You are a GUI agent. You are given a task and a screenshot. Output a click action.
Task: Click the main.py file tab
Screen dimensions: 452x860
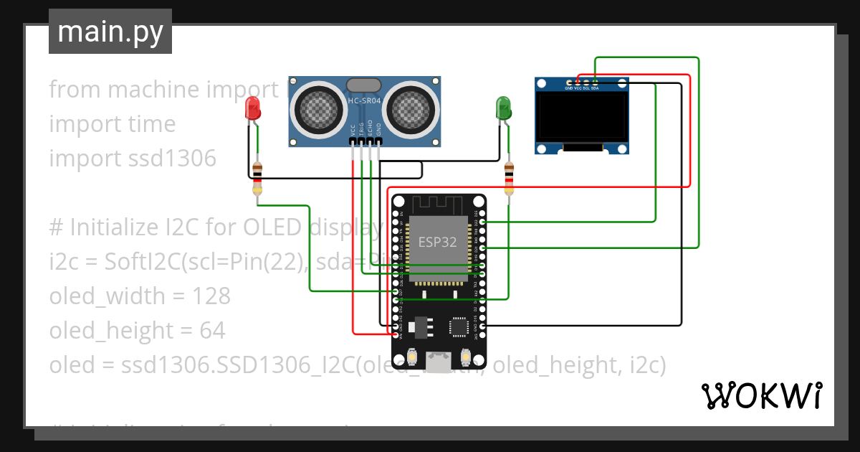(110, 32)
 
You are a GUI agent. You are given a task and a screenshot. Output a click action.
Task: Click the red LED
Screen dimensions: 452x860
(253, 108)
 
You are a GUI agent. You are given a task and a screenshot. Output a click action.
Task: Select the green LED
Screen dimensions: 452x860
(504, 108)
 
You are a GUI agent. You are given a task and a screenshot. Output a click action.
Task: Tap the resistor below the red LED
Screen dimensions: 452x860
(257, 179)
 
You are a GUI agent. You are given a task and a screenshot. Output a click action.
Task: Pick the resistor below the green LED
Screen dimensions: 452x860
(509, 179)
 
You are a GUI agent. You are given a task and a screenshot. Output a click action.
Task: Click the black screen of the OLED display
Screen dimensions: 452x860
(583, 118)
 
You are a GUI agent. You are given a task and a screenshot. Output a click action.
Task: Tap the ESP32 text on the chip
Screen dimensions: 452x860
(437, 242)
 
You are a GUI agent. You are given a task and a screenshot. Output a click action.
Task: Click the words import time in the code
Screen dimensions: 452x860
(112, 124)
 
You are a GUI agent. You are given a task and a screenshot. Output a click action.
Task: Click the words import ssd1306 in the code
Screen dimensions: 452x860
(132, 159)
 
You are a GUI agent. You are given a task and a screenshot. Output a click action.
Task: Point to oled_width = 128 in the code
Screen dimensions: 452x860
(140, 296)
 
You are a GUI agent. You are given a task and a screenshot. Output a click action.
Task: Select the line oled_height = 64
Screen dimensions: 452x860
(137, 331)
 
